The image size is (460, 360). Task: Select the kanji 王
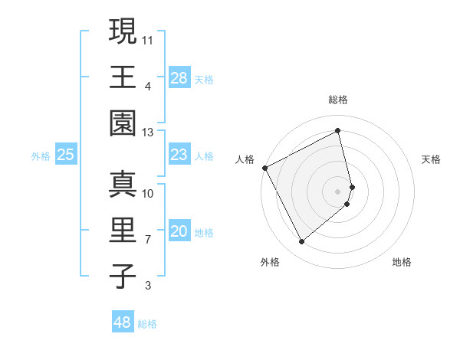tap(123, 77)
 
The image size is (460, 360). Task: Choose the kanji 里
tap(123, 231)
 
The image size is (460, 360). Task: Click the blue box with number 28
tap(179, 77)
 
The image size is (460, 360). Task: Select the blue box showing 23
tap(179, 155)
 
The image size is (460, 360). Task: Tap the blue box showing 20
tap(179, 231)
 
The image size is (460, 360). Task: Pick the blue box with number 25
tap(66, 155)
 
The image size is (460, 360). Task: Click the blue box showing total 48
tap(122, 322)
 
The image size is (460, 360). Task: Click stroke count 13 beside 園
tap(148, 133)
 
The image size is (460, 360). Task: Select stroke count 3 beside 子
tap(148, 286)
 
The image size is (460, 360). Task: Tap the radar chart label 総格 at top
tap(338, 100)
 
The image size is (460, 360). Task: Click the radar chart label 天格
tap(432, 159)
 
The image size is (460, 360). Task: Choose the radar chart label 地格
tap(402, 262)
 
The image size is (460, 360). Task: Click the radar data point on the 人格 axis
tap(264, 168)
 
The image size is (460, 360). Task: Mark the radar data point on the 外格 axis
tap(301, 242)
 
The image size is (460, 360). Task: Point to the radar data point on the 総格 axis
tap(338, 130)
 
